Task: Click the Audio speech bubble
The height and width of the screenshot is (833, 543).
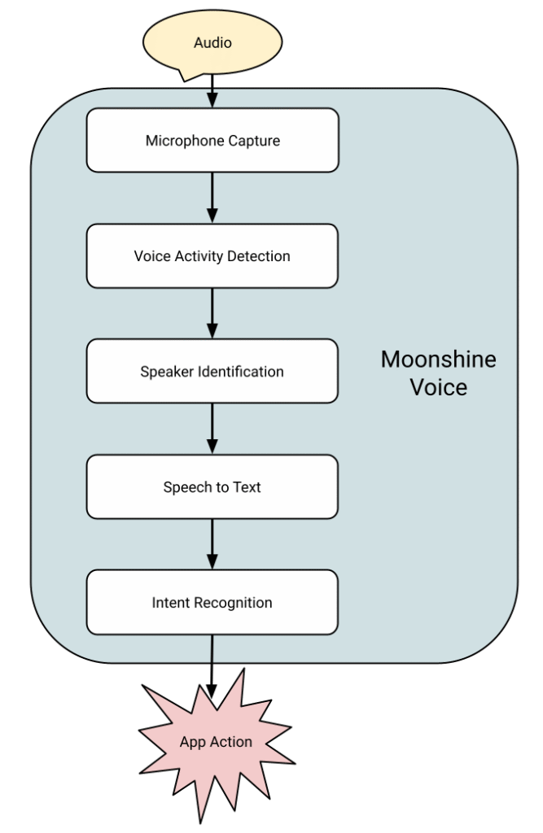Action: [212, 42]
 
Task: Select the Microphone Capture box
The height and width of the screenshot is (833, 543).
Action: [212, 140]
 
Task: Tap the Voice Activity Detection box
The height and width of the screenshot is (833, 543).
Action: [212, 255]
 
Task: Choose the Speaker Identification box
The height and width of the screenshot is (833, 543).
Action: [212, 371]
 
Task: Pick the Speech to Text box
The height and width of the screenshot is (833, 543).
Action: [212, 486]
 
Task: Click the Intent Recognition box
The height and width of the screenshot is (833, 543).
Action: [212, 602]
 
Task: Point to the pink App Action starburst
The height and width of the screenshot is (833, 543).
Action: [216, 742]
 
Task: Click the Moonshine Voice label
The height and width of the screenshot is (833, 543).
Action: [438, 373]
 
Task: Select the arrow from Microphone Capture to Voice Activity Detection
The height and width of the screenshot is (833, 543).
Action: [212, 198]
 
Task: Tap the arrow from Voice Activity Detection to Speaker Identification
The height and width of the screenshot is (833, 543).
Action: [212, 313]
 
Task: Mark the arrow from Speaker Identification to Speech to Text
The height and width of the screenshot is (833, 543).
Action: [212, 429]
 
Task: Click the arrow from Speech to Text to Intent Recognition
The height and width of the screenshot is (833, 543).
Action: [212, 544]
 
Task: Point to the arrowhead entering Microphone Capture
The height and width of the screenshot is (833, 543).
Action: [212, 99]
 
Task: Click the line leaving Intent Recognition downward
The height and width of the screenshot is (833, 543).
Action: [212, 648]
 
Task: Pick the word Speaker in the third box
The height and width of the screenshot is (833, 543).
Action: [166, 372]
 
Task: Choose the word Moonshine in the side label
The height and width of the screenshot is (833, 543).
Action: [438, 359]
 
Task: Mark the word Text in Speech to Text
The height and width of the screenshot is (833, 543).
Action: [247, 487]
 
